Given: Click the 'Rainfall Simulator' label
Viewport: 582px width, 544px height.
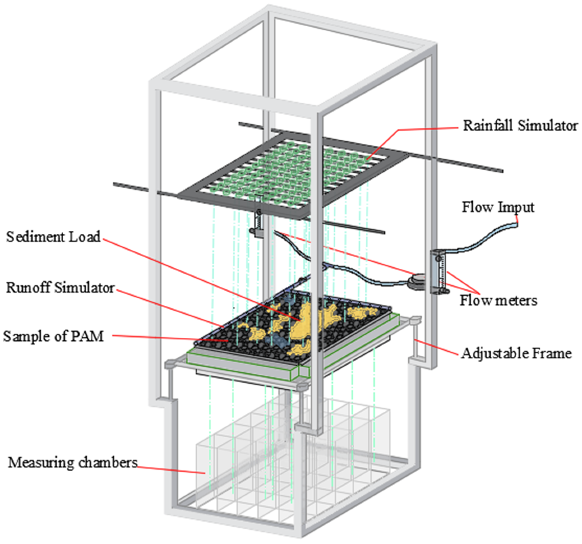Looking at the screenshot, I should click(x=520, y=126).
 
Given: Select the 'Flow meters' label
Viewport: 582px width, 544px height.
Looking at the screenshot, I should click(x=498, y=301).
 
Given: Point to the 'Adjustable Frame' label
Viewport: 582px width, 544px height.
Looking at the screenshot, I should click(x=516, y=353).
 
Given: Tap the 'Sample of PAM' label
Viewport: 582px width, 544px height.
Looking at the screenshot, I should click(x=53, y=336).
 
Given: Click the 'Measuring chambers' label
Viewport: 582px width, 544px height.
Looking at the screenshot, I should click(x=73, y=463).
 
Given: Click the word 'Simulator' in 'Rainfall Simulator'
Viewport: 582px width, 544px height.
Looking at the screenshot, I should click(x=547, y=126).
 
